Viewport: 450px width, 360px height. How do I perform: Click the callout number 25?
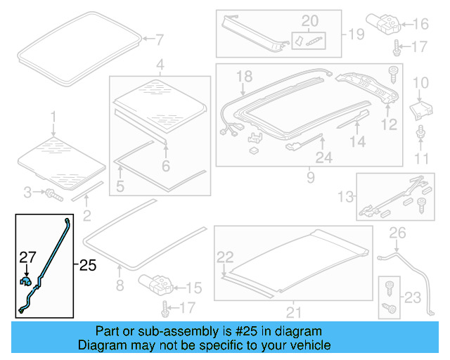86,265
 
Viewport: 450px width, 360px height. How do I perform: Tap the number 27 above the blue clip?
26,258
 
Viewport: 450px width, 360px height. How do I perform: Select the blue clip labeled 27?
26,282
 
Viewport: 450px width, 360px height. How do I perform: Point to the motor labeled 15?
157,285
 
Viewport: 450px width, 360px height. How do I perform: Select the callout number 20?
309,20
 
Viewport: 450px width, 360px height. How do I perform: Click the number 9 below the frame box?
310,178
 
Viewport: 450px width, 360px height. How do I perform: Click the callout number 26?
398,233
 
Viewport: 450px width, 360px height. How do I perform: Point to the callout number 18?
243,76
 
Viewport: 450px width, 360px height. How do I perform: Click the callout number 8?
120,285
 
